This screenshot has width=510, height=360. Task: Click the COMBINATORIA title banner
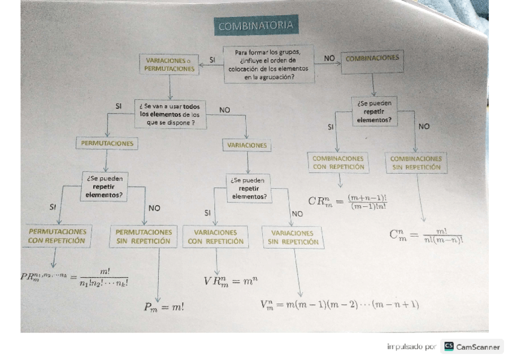click(x=256, y=26)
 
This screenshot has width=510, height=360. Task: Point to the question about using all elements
click(x=170, y=114)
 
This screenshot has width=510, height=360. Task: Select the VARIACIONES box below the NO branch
click(x=247, y=145)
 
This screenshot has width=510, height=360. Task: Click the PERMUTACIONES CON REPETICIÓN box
click(x=57, y=236)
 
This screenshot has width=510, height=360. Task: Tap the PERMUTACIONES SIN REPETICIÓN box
click(x=144, y=236)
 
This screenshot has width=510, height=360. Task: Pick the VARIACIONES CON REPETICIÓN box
click(x=215, y=237)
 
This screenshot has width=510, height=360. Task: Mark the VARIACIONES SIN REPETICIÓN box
click(x=293, y=237)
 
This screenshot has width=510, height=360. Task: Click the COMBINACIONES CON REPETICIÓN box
click(x=339, y=162)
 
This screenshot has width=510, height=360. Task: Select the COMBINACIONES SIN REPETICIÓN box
click(x=416, y=163)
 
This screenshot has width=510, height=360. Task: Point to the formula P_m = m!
click(x=164, y=307)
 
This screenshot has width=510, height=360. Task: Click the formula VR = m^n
click(x=230, y=281)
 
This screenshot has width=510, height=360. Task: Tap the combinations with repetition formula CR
click(x=348, y=201)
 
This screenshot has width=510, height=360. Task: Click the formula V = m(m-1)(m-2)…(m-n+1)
click(x=339, y=305)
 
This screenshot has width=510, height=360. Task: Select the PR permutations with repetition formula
click(x=74, y=277)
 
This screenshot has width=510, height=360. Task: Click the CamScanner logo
click(x=472, y=347)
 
